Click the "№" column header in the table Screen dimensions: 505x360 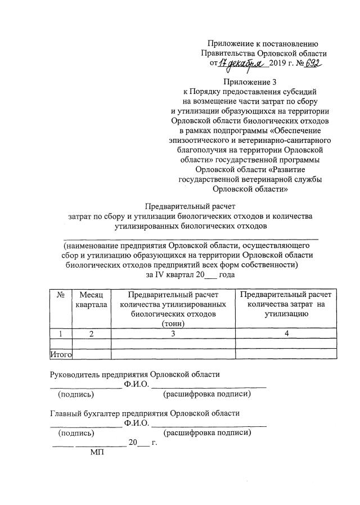point(60,294)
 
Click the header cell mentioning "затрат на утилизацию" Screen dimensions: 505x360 point(286,304)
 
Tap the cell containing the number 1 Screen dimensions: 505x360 point(60,333)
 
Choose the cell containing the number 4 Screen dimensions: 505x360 point(286,333)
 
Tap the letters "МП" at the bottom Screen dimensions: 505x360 point(98,453)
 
